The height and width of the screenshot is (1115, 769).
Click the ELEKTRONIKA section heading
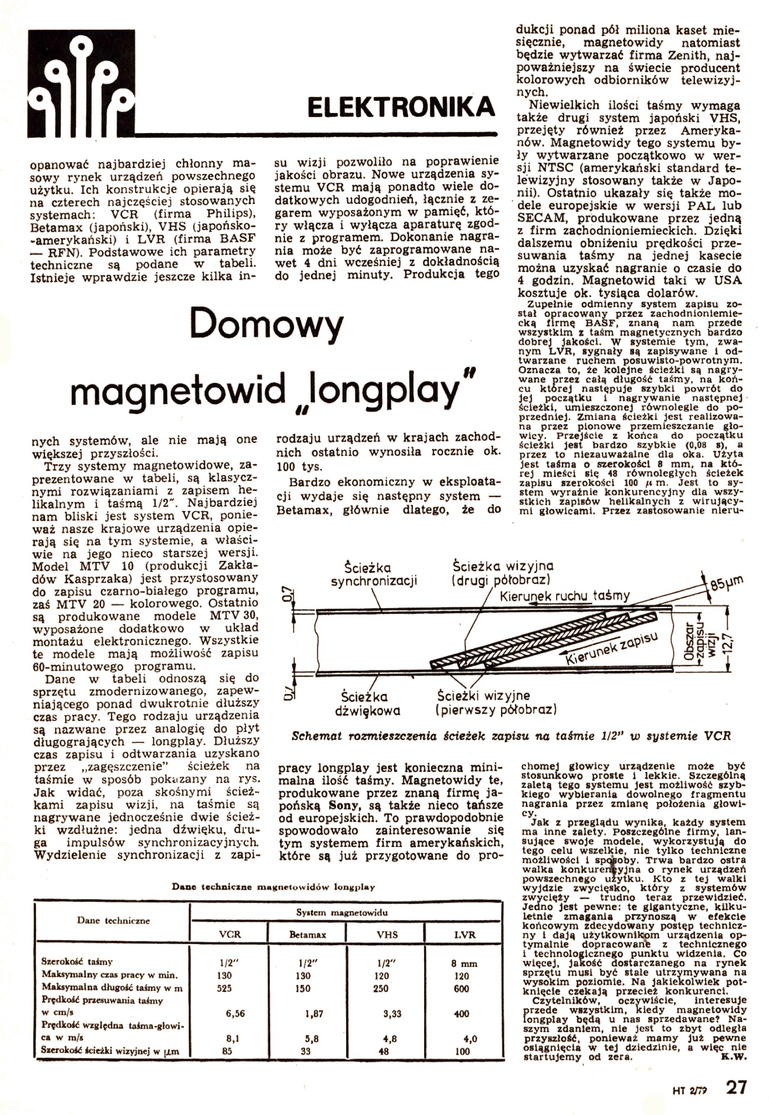pos(401,106)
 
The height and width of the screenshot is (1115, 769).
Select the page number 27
pos(737,1087)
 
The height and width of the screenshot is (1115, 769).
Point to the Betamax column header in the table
pos(308,935)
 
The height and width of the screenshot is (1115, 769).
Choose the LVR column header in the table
pos(461,935)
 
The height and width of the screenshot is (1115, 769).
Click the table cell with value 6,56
pos(235,1013)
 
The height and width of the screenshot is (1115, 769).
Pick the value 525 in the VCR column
pos(225,988)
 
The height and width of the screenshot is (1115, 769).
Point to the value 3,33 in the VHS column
pos(392,1013)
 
